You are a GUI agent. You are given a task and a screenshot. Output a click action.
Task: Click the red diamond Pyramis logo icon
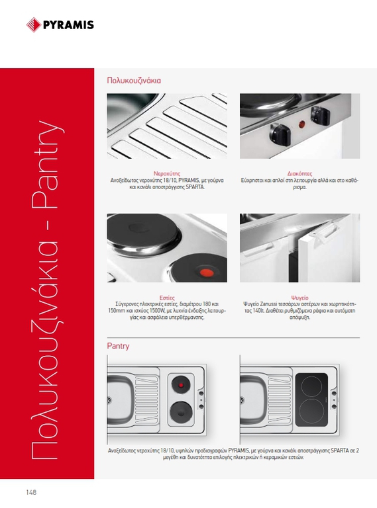33,24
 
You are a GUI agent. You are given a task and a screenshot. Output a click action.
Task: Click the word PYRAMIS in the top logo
68,25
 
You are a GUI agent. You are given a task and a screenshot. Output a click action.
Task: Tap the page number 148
31,492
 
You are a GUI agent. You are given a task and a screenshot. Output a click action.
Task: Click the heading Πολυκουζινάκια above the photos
134,80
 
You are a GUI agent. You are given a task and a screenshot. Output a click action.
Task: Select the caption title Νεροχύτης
167,174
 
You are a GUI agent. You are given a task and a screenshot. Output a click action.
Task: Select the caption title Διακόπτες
299,174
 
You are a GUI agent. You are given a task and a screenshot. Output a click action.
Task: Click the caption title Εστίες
167,298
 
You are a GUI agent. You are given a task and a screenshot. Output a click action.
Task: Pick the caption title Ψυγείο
299,298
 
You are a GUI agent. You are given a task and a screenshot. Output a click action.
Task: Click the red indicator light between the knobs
301,124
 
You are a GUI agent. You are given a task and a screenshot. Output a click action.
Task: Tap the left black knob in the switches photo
280,134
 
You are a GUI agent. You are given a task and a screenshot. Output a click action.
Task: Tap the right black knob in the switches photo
321,116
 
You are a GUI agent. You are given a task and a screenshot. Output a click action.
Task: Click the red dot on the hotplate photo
206,273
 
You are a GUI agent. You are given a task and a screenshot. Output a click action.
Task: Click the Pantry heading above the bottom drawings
118,346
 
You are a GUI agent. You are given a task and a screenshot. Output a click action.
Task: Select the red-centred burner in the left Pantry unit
181,385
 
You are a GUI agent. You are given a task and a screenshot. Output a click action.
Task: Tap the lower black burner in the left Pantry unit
181,413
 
